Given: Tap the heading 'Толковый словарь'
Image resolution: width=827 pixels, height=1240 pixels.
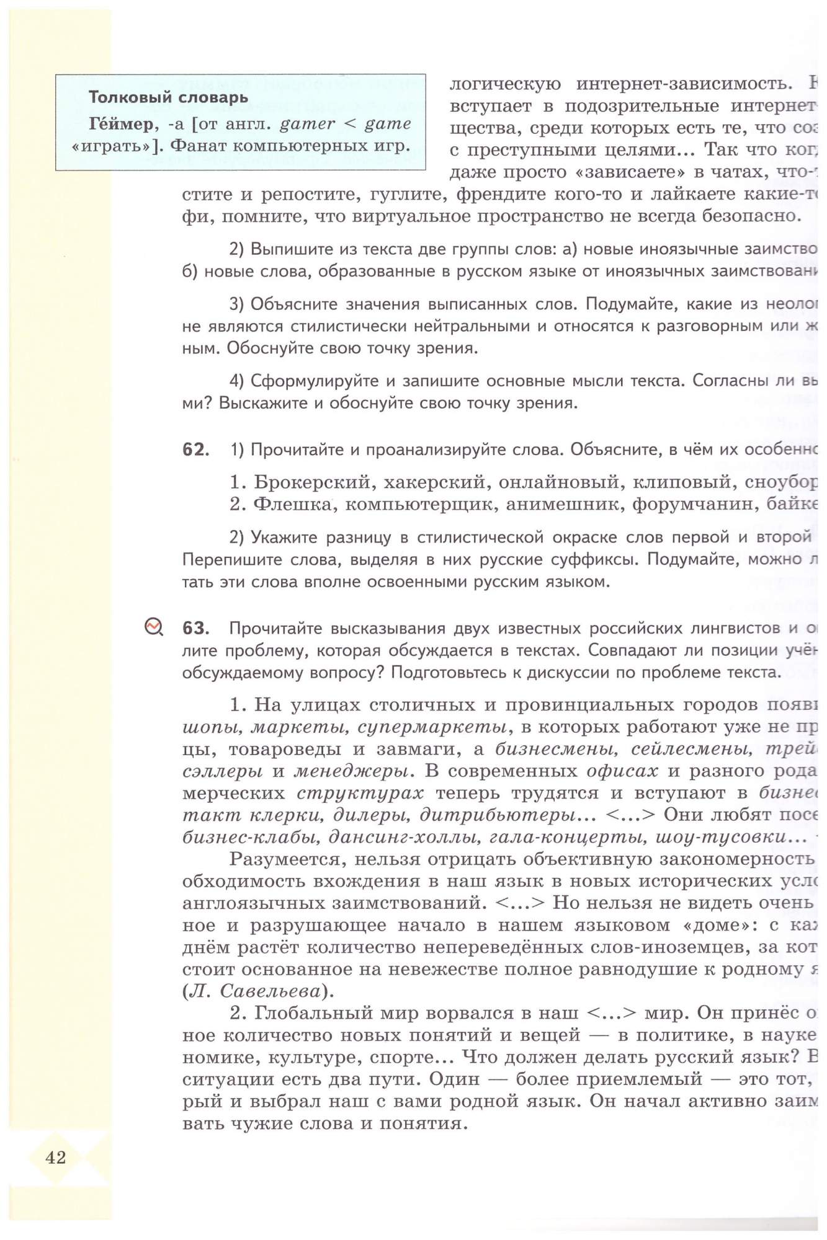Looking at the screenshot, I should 168,97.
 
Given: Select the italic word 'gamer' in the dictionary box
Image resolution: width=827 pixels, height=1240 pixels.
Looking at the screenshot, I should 308,124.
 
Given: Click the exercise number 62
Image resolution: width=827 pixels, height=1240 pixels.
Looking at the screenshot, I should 195,449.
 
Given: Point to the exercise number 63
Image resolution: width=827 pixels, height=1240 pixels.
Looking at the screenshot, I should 195,628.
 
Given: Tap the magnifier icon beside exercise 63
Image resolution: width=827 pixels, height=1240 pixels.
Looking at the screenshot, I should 153,627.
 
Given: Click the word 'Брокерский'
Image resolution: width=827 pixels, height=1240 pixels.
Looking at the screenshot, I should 312,482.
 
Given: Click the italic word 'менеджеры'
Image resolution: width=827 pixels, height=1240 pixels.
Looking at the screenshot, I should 351,771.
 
